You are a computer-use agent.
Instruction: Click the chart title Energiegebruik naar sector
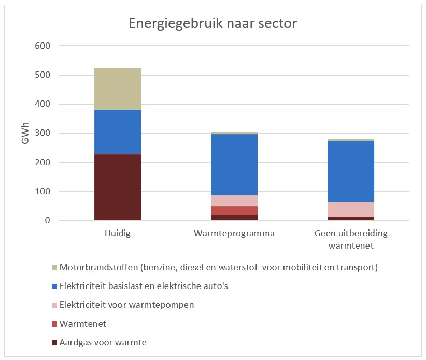tap(212, 24)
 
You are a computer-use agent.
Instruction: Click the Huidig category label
tap(117, 233)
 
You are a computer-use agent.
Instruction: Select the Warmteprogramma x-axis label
tap(234, 233)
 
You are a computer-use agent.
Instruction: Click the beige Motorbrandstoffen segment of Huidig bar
tap(118, 89)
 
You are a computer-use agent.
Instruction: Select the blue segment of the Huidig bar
tap(118, 132)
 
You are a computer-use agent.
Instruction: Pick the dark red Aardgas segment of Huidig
tap(118, 187)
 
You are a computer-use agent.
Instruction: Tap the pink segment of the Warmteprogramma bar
tap(234, 200)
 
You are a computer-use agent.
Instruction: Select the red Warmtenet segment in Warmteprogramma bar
tap(234, 210)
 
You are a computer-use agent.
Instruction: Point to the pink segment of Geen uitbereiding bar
tap(351, 209)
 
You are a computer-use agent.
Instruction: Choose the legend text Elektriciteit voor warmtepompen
tap(126, 305)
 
